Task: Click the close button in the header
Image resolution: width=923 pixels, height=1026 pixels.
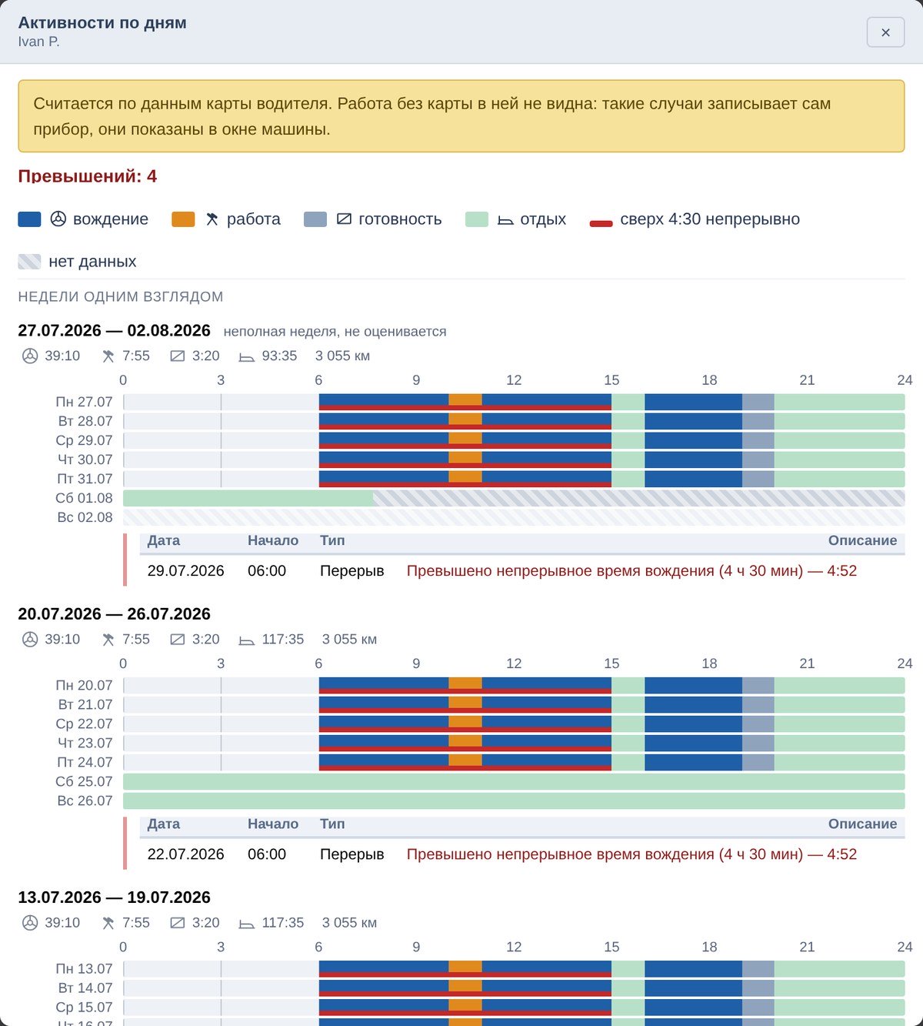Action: point(885,32)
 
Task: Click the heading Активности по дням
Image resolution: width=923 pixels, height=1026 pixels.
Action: point(102,23)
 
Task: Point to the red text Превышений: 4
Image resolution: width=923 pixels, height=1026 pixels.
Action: point(88,176)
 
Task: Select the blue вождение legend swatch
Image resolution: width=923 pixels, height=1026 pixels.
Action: point(29,219)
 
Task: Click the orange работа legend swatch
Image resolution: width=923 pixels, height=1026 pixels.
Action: point(183,219)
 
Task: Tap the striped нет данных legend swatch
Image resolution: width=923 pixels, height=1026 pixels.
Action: point(29,262)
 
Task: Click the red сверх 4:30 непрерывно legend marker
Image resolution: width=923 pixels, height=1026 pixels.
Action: point(601,223)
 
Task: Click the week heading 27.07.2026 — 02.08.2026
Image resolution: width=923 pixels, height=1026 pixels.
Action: point(114,330)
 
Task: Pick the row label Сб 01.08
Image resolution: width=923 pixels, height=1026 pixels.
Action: point(84,498)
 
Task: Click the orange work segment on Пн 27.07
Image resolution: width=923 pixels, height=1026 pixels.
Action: point(465,399)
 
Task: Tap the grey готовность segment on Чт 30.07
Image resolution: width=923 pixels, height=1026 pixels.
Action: point(758,460)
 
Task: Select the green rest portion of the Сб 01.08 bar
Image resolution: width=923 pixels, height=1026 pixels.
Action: point(248,498)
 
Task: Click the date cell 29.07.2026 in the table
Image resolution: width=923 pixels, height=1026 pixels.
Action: point(185,571)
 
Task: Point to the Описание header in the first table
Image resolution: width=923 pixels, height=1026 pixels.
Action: point(862,540)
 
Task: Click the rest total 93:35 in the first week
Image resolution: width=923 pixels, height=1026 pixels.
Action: point(279,356)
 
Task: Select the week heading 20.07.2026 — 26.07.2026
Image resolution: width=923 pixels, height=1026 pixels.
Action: point(114,613)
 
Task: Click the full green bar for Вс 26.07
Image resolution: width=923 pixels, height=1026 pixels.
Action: point(514,801)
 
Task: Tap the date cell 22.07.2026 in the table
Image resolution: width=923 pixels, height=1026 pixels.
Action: point(185,854)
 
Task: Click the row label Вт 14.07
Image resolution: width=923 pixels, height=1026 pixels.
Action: point(85,988)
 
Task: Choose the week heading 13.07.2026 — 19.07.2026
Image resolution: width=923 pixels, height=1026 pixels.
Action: point(114,897)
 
